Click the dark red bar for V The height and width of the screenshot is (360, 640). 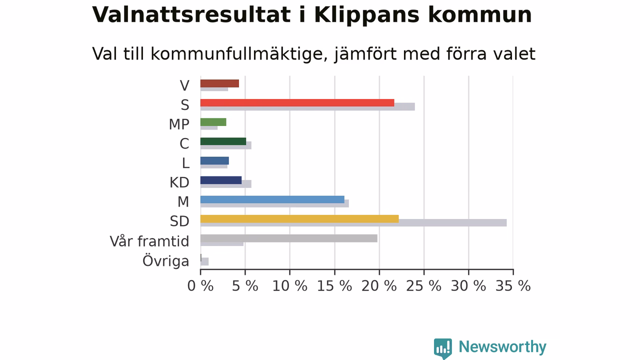219,83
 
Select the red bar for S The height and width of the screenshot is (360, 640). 297,103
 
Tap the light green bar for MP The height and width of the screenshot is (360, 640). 213,122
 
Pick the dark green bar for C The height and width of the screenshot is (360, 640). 223,141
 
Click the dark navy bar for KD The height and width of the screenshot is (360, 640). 221,180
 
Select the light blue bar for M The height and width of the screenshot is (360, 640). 272,199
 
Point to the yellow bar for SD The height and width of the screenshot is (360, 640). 299,219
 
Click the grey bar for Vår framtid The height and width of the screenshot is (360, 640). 289,238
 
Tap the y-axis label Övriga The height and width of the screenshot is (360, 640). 165,260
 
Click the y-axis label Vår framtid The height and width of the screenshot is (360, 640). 149,241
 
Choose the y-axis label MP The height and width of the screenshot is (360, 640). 179,124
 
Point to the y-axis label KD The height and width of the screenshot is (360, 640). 179,182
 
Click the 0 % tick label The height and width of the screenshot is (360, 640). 200,285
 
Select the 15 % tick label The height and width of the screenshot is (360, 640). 334,285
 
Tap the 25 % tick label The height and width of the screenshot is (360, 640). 423,285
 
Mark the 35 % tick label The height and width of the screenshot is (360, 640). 513,285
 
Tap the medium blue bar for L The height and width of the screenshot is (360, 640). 214,161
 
